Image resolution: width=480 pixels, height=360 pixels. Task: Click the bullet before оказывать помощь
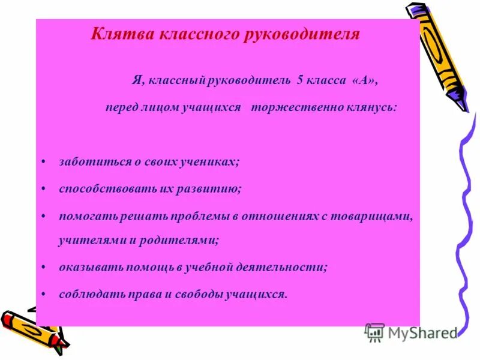click(46, 268)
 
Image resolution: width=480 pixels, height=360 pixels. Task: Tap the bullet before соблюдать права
click(46, 294)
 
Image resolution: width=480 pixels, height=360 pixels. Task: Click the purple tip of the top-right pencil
click(462, 103)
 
